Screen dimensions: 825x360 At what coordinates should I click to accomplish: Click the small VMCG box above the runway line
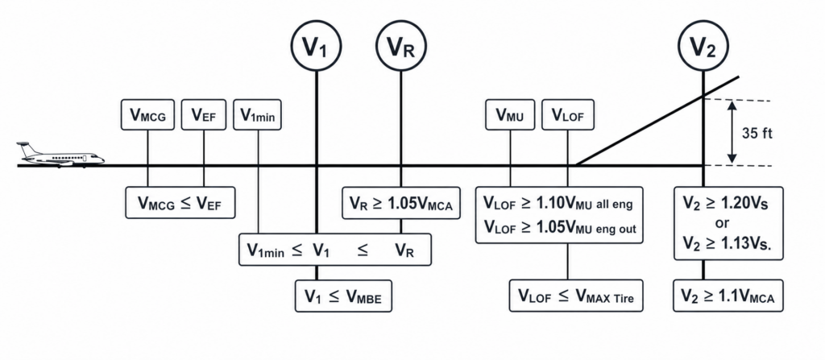(x=147, y=114)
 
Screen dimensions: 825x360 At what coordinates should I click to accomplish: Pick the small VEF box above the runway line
(x=204, y=114)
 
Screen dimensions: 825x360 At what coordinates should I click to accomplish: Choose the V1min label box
(x=258, y=114)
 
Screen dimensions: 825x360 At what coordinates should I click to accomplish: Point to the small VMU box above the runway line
(x=510, y=114)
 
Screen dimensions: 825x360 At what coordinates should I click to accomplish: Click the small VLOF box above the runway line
(x=568, y=114)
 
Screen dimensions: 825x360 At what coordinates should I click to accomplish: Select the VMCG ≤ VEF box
(x=180, y=202)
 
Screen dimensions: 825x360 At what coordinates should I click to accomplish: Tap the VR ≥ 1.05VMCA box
(x=401, y=203)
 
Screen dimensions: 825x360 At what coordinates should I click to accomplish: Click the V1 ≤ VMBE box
(x=343, y=296)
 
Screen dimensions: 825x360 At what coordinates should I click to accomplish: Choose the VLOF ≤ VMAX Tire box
(x=576, y=296)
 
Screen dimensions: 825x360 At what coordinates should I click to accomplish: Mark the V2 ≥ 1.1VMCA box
(x=728, y=296)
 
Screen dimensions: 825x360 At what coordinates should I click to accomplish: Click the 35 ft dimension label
(x=757, y=133)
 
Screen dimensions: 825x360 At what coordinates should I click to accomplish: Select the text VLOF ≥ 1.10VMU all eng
(x=558, y=203)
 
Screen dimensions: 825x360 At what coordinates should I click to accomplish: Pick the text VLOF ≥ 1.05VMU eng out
(x=560, y=227)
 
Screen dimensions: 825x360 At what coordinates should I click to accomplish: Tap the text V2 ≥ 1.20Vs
(x=725, y=204)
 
